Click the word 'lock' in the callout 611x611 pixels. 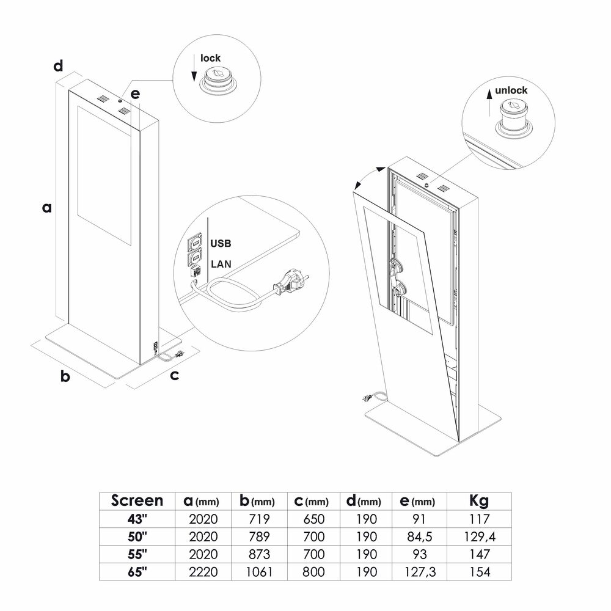click(210, 59)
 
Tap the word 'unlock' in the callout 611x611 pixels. click(511, 90)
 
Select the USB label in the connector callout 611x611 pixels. click(221, 243)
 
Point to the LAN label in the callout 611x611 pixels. click(221, 265)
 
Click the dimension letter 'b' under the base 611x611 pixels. click(65, 376)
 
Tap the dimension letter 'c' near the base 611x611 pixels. click(174, 375)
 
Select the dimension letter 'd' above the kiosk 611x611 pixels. click(58, 65)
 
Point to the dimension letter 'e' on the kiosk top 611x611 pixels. click(135, 94)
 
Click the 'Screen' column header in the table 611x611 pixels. click(137, 501)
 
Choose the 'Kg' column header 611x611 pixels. click(478, 501)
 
